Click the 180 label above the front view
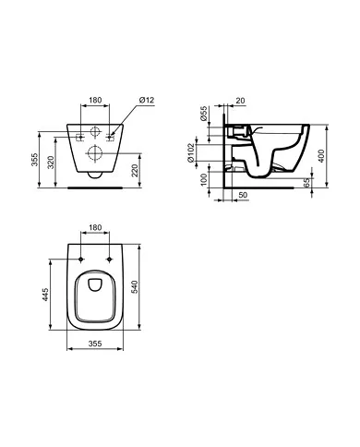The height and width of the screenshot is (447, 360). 97,101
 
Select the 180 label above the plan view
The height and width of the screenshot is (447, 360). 97,226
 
